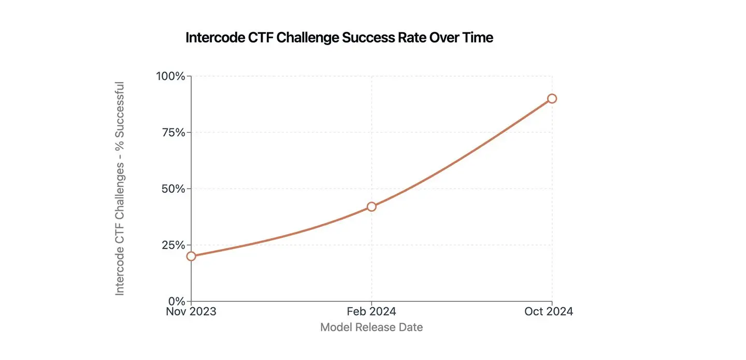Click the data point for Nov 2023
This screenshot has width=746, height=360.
pyautogui.click(x=191, y=256)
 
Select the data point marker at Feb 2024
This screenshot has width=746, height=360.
pyautogui.click(x=371, y=207)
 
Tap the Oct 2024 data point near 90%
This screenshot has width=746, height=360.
pyautogui.click(x=552, y=98)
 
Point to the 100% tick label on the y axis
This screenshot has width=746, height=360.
pyautogui.click(x=170, y=76)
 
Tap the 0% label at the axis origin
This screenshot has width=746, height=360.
pyautogui.click(x=176, y=301)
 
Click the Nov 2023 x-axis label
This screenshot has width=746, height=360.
pyautogui.click(x=191, y=311)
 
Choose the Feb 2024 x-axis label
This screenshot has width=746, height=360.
pyautogui.click(x=371, y=311)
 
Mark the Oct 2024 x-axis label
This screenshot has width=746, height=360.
pyautogui.click(x=549, y=311)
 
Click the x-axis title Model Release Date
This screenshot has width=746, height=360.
pyautogui.click(x=371, y=327)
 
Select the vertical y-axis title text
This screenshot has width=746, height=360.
pyautogui.click(x=120, y=189)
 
